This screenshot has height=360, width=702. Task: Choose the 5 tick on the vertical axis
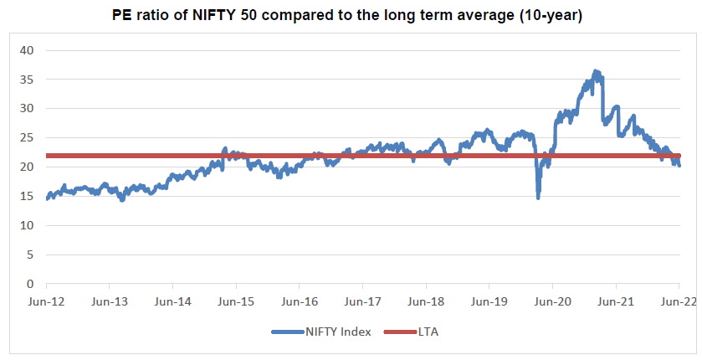coord(29,255)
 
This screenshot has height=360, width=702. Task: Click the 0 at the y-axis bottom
coord(29,284)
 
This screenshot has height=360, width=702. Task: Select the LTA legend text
coord(428,332)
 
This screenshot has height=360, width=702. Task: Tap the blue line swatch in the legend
coord(290,332)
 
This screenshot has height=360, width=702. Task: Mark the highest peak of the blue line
coord(596,72)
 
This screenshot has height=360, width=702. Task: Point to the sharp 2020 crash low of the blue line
coord(538,197)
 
